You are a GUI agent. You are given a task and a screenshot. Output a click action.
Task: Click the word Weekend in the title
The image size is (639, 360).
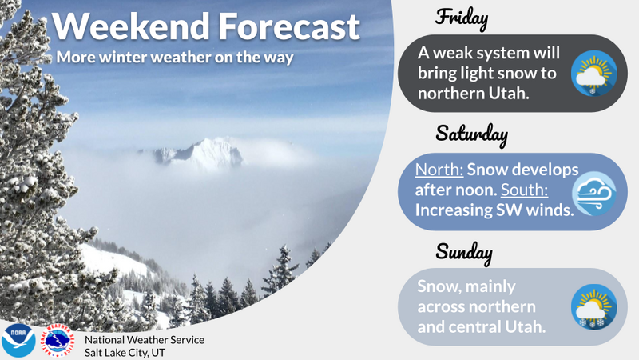(130, 26)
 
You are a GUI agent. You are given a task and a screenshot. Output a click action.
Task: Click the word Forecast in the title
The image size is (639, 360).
(289, 26)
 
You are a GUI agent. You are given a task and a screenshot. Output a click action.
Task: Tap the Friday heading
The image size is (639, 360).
(462, 18)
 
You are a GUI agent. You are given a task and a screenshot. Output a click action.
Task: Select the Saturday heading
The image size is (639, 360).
(471, 134)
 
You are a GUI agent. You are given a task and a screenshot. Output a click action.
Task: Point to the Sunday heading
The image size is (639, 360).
(464, 252)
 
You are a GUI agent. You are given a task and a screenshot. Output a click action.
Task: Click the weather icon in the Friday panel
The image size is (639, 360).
(593, 74)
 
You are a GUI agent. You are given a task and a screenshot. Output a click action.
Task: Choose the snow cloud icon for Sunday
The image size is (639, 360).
(593, 307)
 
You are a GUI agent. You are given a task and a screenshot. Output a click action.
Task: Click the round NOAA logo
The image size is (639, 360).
(18, 341)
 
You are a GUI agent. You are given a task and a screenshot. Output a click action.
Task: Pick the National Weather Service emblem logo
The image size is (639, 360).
(58, 341)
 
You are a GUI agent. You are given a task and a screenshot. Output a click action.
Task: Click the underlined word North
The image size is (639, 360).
(439, 170)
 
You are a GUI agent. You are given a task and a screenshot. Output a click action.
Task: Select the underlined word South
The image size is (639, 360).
(524, 190)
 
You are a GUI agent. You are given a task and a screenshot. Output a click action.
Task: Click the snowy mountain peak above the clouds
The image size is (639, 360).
(204, 153)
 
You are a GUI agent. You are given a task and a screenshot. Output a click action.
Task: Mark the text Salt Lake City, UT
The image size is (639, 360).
(125, 353)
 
